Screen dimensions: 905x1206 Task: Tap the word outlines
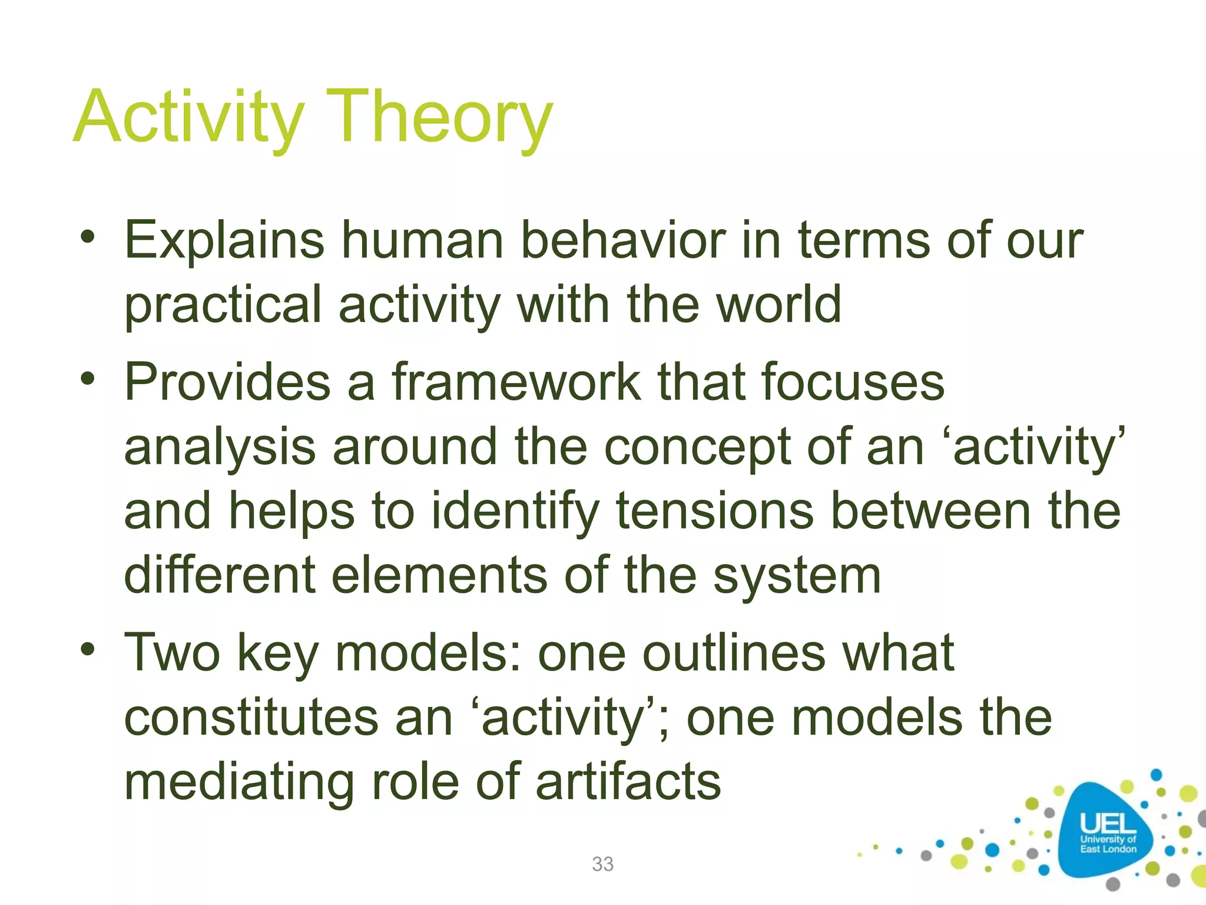(x=733, y=653)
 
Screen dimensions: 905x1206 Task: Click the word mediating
(x=238, y=782)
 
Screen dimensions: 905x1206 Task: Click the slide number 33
(x=602, y=864)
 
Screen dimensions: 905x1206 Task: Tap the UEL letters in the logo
(x=1107, y=824)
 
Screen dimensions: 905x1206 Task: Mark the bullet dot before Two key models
(x=88, y=650)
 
